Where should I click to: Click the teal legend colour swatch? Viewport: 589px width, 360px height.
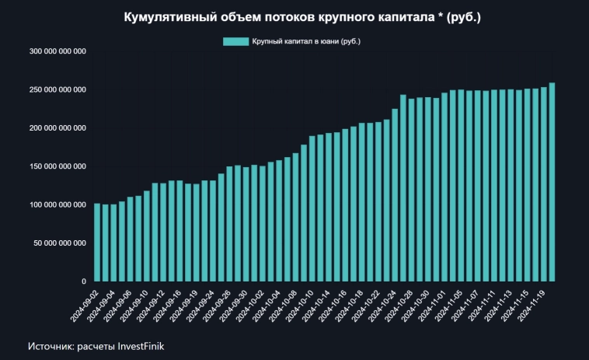[235, 41]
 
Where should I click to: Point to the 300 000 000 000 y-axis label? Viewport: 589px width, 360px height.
[58, 51]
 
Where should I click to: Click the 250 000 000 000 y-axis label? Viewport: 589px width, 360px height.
[58, 89]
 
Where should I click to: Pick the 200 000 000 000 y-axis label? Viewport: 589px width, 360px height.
[58, 128]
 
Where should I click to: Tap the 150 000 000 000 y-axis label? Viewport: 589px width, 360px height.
[58, 166]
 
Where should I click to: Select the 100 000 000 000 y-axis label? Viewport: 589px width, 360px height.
[58, 204]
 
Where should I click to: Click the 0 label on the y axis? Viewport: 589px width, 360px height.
[83, 281]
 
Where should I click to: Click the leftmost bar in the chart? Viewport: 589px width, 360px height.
[97, 242]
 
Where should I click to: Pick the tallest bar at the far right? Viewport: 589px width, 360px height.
[552, 182]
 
